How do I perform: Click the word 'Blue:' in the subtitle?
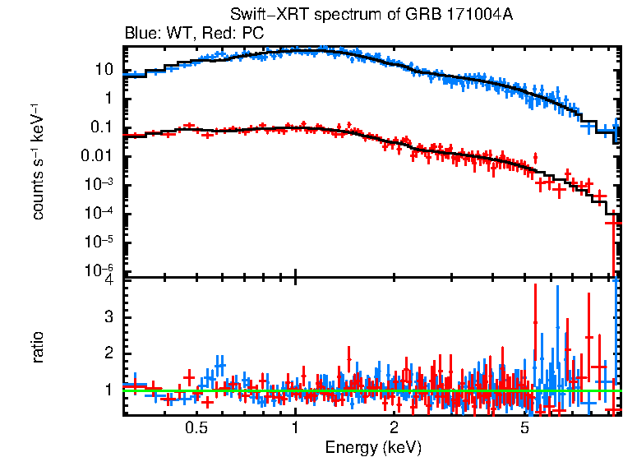click(x=141, y=34)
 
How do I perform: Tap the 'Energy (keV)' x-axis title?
click(x=373, y=447)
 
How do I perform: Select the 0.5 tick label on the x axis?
click(x=196, y=427)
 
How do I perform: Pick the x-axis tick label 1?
click(x=295, y=427)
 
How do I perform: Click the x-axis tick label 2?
click(x=394, y=427)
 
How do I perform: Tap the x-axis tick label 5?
click(x=524, y=427)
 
